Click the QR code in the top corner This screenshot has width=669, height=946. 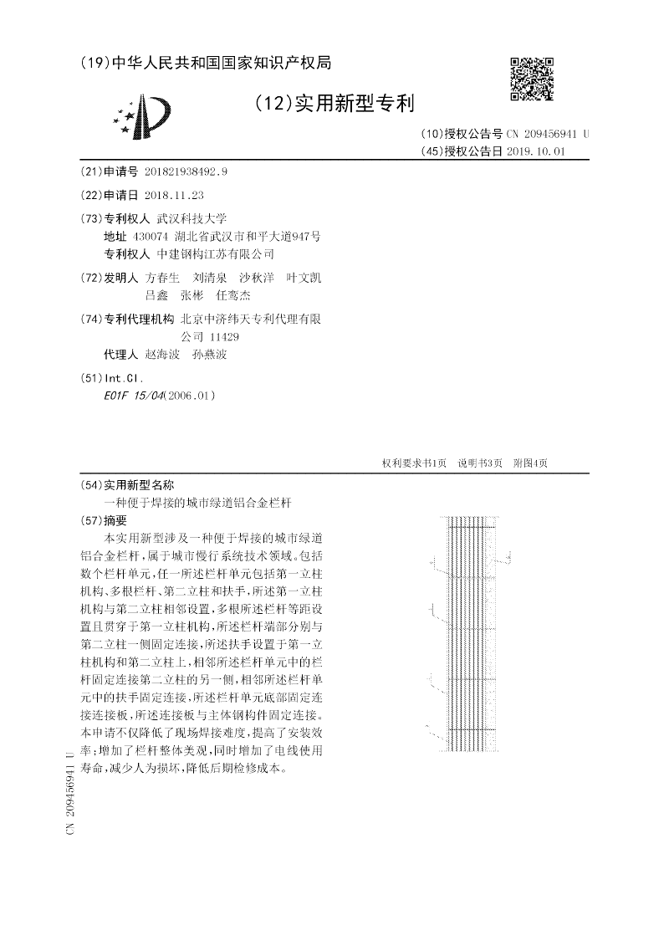532,79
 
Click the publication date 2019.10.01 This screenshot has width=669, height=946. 536,151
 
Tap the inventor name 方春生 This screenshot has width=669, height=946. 162,278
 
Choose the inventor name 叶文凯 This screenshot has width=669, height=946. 303,278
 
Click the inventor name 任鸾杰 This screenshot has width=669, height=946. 232,295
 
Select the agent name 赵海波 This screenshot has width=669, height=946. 162,354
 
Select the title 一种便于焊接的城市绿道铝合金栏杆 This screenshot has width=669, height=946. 199,503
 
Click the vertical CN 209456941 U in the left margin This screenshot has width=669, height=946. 70,795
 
